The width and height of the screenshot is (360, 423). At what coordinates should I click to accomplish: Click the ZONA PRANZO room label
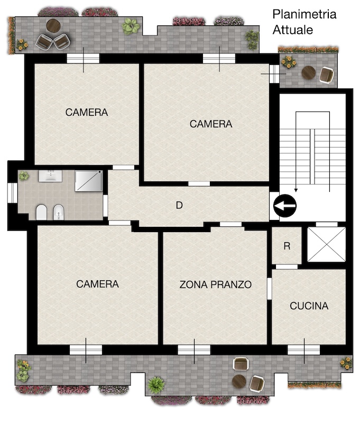coord(216,284)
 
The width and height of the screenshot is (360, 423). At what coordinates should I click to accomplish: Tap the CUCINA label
coord(309,306)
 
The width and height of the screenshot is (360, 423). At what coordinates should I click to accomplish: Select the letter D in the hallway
coord(179,205)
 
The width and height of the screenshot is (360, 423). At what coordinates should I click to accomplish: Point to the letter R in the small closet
coord(287,246)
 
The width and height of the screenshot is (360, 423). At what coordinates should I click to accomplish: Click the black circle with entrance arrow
coord(285,206)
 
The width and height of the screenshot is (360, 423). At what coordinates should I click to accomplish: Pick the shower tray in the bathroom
coord(89,181)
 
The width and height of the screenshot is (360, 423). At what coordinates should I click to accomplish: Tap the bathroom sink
coord(50,176)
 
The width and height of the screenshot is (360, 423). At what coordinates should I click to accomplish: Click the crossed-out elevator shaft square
coord(327,244)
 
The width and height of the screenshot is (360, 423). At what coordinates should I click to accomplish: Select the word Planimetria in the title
coord(304,14)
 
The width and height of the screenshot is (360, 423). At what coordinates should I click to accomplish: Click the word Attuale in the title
coord(292,30)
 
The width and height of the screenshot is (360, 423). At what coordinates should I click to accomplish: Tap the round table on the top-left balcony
coord(53,25)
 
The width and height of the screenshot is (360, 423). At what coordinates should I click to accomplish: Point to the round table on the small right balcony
coord(309,73)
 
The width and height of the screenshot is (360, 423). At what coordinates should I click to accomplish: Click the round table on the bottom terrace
coord(239,381)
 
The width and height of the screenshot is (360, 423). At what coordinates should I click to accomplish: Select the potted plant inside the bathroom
coord(24,176)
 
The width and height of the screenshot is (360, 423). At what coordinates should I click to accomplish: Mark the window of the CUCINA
coord(304,350)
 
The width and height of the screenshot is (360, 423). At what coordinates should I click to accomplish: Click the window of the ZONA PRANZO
coord(194,350)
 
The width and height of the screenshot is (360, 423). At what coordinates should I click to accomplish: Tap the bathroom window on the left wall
coord(12,193)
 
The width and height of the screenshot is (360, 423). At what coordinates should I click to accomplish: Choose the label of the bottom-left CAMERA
coord(97,284)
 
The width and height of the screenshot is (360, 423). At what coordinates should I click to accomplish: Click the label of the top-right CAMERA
coord(211,124)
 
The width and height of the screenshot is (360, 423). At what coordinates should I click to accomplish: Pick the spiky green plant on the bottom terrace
coord(156,384)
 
